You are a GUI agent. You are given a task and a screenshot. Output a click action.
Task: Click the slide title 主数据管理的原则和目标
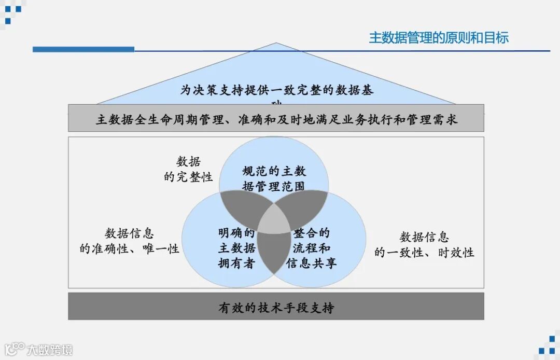click(x=439, y=37)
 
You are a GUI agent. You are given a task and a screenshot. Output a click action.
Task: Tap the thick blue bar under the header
click(x=83, y=49)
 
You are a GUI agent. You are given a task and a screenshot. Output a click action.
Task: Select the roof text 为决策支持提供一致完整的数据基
click(x=276, y=90)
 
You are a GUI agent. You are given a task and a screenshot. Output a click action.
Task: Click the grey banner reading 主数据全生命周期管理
click(x=276, y=120)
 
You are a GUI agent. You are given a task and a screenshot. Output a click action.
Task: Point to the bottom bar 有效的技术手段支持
click(x=276, y=308)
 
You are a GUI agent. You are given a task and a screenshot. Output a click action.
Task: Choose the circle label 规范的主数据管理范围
click(x=274, y=178)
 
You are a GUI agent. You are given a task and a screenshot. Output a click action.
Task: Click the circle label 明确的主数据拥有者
click(x=236, y=248)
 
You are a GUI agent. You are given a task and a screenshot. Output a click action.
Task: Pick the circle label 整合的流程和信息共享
click(x=312, y=248)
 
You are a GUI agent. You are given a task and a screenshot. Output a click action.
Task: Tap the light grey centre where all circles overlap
click(x=274, y=222)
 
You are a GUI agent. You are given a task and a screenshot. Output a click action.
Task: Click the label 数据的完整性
click(x=188, y=169)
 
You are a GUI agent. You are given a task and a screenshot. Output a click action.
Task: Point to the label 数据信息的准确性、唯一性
click(x=130, y=241)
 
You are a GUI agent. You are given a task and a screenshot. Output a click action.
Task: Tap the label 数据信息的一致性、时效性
click(x=424, y=245)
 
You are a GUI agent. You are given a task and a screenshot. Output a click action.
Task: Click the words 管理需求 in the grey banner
click(x=437, y=120)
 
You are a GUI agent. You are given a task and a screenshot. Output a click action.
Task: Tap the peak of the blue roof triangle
click(x=276, y=44)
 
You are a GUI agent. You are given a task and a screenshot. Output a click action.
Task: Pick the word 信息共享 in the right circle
click(x=312, y=263)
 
